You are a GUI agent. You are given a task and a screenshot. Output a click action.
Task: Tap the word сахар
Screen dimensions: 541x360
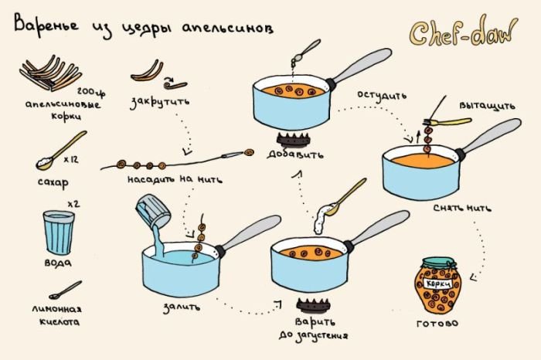coord(53,182)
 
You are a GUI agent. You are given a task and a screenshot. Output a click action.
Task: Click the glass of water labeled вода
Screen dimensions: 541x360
coord(59,233)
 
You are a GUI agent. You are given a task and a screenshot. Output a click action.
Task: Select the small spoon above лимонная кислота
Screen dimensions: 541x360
coord(65,290)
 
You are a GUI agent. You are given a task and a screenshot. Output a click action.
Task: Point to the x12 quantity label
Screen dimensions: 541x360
coord(71,160)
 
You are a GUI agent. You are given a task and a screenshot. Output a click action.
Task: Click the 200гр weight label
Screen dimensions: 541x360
coord(91,92)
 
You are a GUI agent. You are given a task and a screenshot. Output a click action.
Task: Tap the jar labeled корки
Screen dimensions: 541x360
coord(438,285)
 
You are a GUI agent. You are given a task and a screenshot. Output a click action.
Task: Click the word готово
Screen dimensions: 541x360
coord(437,324)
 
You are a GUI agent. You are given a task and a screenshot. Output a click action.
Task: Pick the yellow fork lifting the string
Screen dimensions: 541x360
coord(447,122)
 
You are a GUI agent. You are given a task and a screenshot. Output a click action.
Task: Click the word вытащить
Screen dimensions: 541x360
coord(487,106)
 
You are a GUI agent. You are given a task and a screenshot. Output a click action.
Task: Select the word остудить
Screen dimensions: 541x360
coord(382,95)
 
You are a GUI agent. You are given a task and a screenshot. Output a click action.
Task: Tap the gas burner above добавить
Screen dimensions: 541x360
coord(293,139)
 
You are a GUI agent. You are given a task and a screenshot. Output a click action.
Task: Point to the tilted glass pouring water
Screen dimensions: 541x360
coord(153,210)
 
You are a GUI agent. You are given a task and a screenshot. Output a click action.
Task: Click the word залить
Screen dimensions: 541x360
coord(182,307)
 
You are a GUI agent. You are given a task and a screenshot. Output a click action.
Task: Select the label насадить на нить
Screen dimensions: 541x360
coord(175,179)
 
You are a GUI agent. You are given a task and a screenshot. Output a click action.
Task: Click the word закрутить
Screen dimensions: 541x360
coord(160,103)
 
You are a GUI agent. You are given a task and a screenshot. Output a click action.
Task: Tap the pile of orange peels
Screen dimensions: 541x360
coord(50,73)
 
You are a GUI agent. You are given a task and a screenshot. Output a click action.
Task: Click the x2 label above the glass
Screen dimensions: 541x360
coord(73,204)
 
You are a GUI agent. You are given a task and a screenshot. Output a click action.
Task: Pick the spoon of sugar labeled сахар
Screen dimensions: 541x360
coord(61,151)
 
